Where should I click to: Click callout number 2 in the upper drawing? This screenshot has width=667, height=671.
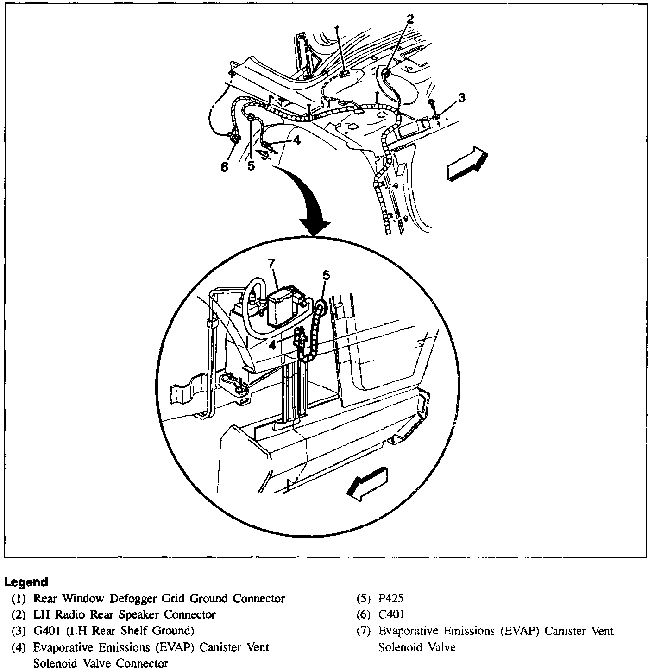pyautogui.click(x=409, y=19)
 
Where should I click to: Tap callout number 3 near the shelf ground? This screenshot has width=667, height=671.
pyautogui.click(x=461, y=98)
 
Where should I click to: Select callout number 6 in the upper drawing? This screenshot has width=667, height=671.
pyautogui.click(x=225, y=167)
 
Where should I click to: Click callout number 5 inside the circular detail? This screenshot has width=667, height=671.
pyautogui.click(x=326, y=275)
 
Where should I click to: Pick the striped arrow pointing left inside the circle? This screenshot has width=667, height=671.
pyautogui.click(x=367, y=484)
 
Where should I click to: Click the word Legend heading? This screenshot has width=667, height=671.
pyautogui.click(x=26, y=582)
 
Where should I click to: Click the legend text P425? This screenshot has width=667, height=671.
pyautogui.click(x=391, y=598)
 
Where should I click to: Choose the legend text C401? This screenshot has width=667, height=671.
pyautogui.click(x=391, y=614)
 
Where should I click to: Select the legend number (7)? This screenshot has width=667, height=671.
pyautogui.click(x=364, y=631)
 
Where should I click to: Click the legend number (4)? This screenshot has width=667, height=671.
pyautogui.click(x=19, y=647)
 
